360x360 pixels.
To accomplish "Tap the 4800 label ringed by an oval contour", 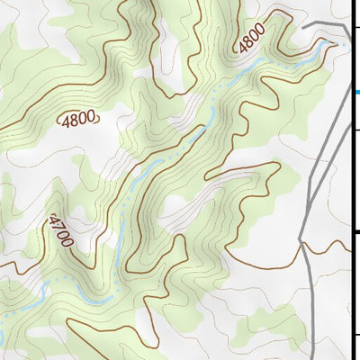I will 79,118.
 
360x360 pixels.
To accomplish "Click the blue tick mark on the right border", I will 356,91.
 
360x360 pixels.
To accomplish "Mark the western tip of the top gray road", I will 302,29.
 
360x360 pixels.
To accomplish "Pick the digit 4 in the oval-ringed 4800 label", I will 65,118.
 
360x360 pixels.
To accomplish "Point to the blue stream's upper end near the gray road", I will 343,42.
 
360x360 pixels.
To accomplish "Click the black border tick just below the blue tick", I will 356,131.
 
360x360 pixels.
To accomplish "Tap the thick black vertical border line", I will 352,180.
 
